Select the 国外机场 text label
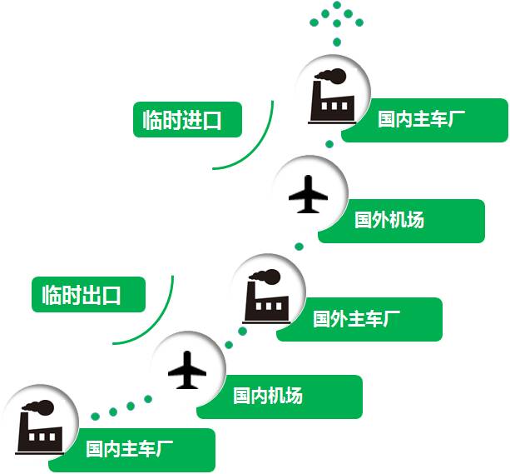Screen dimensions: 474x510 click(x=389, y=220)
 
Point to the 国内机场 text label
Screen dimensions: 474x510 click(x=267, y=396)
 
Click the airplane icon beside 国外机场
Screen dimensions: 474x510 click(x=309, y=195)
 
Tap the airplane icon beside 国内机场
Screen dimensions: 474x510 click(x=187, y=369)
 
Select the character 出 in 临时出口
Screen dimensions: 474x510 click(x=92, y=294)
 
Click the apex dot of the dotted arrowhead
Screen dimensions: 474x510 click(x=337, y=5)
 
